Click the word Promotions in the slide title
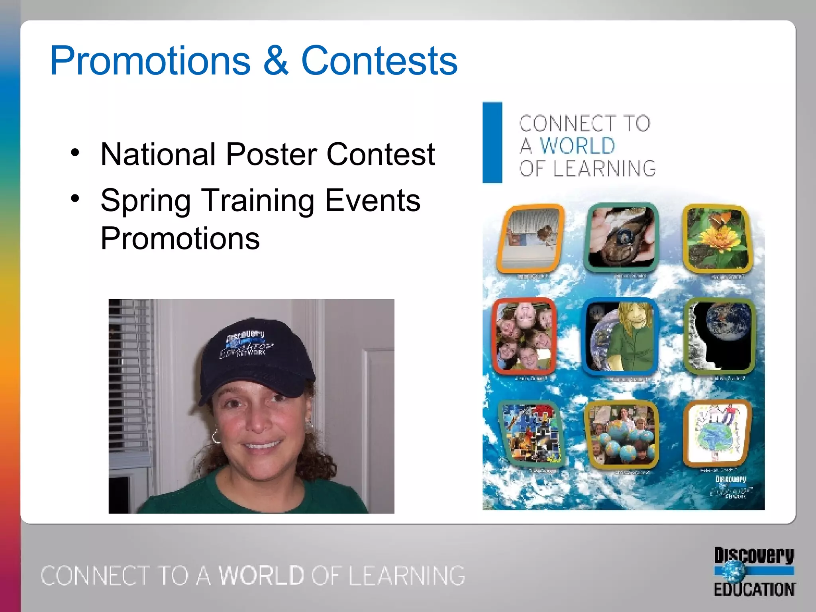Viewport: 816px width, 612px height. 150,61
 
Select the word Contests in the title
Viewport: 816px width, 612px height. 379,61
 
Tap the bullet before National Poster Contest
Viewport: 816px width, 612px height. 75,153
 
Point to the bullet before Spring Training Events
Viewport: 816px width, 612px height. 75,198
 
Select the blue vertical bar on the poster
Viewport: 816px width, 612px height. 492,142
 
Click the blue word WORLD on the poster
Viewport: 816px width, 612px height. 577,145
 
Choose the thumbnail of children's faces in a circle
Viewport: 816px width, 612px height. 524,335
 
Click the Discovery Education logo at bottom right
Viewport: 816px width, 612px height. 754,572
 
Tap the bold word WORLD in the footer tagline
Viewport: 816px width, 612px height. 261,575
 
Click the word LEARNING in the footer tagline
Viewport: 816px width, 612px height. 407,575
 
